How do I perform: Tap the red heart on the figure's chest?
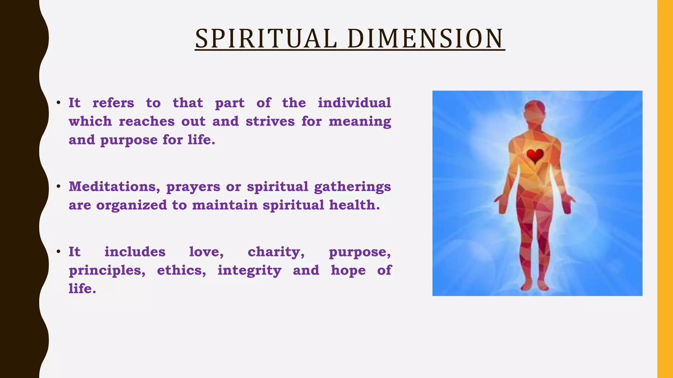coord(535,156)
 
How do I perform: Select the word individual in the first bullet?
coord(354,103)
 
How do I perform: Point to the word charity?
coord(276,252)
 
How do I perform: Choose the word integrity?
coord(249,271)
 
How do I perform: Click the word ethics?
coord(181,270)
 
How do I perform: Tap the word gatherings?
coord(352,187)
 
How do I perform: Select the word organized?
coord(131,205)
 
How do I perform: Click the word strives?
coord(270,121)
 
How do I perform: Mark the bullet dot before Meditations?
coord(58,186)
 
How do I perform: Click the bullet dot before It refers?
coord(58,103)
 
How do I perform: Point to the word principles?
coord(106,271)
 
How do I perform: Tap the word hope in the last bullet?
coord(348,271)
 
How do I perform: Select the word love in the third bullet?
coord(206,252)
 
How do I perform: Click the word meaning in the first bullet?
coord(360,122)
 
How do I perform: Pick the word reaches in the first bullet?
coord(147,121)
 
